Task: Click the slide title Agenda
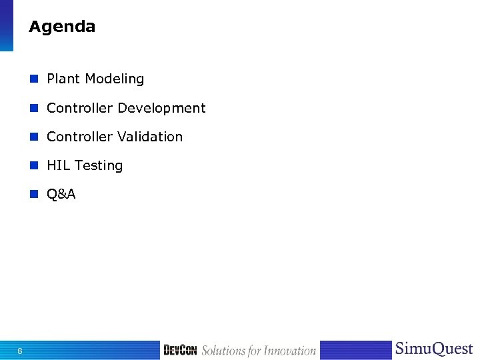pyautogui.click(x=62, y=27)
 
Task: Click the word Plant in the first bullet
pyautogui.click(x=63, y=79)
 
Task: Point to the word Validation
pyautogui.click(x=150, y=137)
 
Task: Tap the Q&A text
pyautogui.click(x=61, y=194)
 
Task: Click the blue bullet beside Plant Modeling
pyautogui.click(x=33, y=79)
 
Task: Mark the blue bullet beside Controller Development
pyautogui.click(x=33, y=108)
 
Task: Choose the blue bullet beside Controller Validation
pyautogui.click(x=33, y=137)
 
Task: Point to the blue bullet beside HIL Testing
pyautogui.click(x=33, y=165)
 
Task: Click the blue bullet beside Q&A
pyautogui.click(x=33, y=194)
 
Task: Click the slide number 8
pyautogui.click(x=20, y=351)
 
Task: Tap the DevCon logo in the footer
pyautogui.click(x=180, y=351)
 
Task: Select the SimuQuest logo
pyautogui.click(x=433, y=349)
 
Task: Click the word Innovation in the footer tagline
pyautogui.click(x=289, y=351)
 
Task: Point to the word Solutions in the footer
pyautogui.click(x=223, y=351)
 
